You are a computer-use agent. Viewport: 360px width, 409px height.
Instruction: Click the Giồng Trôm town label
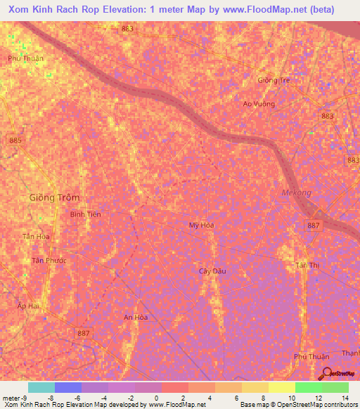54,197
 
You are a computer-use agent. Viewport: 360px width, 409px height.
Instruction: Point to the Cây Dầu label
212,270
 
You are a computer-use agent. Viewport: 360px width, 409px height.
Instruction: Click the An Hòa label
136,317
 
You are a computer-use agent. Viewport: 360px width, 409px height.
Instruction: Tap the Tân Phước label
49,261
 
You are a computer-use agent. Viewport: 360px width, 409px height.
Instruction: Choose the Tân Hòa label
36,237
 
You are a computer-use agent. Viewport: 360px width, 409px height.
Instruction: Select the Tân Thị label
307,265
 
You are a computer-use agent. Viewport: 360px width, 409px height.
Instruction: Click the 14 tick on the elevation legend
345,397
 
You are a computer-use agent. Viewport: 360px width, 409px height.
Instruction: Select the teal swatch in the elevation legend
41,387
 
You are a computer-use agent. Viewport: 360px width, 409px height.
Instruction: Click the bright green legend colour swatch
308,387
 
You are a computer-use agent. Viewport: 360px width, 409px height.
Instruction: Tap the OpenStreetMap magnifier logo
326,375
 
